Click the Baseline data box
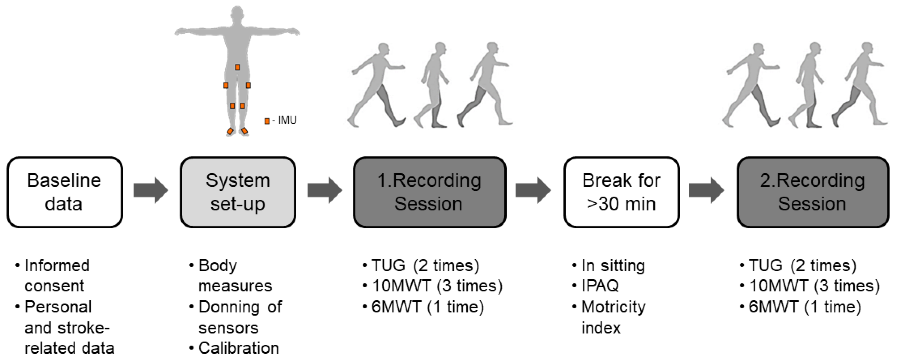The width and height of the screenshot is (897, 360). click(65, 192)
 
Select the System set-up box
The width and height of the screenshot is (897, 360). click(238, 192)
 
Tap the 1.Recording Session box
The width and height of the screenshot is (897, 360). click(429, 192)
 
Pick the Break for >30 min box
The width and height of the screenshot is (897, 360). click(621, 192)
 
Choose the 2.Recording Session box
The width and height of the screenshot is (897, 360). click(813, 192)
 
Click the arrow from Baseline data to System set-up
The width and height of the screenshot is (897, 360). click(151, 190)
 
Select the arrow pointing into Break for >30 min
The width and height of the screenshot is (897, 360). click(533, 190)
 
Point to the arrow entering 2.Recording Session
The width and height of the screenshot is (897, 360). click(706, 190)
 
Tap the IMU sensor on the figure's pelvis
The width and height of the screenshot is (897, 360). click(237, 67)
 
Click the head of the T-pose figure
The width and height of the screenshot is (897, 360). click(237, 14)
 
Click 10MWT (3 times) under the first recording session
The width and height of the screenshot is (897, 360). click(437, 286)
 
